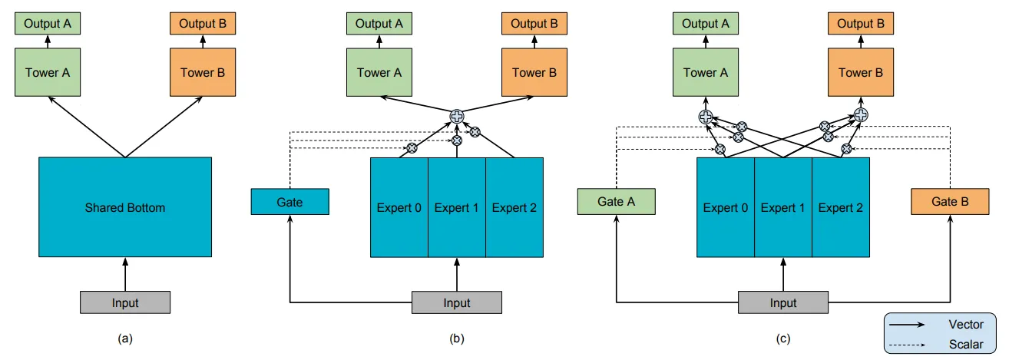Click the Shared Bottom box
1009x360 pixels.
125,207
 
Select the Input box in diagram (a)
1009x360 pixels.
125,302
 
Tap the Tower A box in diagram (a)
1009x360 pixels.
48,74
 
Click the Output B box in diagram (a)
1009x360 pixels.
202,24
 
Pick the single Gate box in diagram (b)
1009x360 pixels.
289,203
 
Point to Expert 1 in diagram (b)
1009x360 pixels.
457,207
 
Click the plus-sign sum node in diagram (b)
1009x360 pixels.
457,117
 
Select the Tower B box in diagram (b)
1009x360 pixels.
534,74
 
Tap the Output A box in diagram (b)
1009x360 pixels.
379,24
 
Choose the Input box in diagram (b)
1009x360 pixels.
457,302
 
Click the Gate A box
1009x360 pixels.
616,202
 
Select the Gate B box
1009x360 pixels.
950,202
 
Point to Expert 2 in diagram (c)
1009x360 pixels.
841,207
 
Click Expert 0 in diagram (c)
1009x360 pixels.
726,207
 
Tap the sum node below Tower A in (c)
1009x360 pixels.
705,117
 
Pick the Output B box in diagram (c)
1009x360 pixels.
860,24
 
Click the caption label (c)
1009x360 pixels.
783,337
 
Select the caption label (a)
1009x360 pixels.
125,337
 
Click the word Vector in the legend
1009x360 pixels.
965,325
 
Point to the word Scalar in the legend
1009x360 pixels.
965,345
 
